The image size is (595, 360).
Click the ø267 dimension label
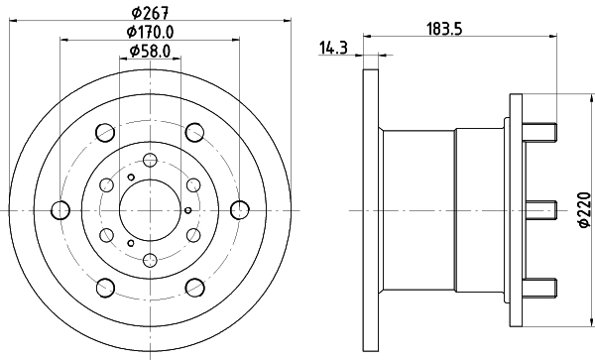pyautogui.click(x=149, y=13)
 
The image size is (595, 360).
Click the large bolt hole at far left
pyautogui.click(x=59, y=210)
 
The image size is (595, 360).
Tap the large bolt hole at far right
pyautogui.click(x=238, y=210)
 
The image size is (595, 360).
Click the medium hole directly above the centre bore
pyautogui.click(x=149, y=161)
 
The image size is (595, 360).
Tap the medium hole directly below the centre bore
pyautogui.click(x=149, y=260)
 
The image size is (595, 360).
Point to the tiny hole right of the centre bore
pyautogui.click(x=188, y=210)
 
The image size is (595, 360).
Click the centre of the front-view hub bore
pyautogui.click(x=149, y=210)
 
